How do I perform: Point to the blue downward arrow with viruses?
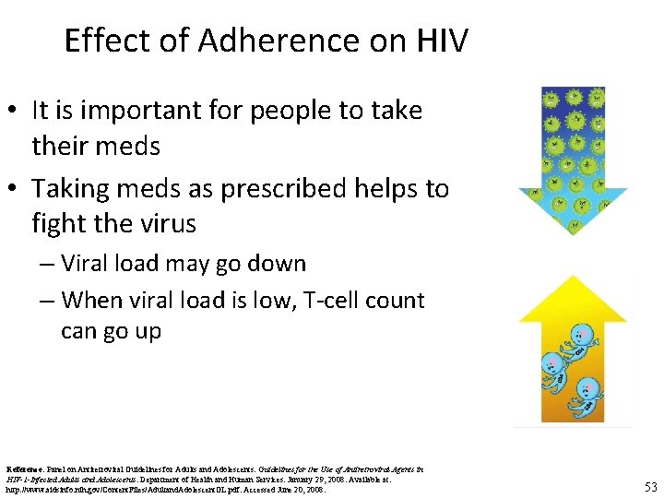click(x=573, y=157)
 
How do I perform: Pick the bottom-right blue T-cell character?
click(x=585, y=395)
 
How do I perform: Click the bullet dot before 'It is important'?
click(x=14, y=112)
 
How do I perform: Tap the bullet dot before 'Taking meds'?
click(x=14, y=190)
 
